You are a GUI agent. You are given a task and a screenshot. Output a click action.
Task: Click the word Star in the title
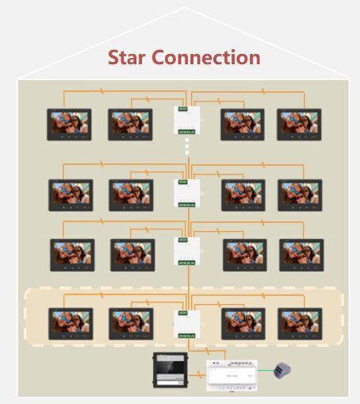(x=127, y=57)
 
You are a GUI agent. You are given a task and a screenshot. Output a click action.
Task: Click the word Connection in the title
(x=206, y=57)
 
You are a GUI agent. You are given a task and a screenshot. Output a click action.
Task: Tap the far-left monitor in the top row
(x=69, y=125)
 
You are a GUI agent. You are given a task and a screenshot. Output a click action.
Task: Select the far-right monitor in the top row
(x=299, y=125)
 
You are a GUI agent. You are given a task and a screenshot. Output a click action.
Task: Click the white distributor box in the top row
(x=186, y=120)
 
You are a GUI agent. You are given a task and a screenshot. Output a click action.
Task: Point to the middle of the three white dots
(x=187, y=146)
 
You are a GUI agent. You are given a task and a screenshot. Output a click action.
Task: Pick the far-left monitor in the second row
(x=71, y=195)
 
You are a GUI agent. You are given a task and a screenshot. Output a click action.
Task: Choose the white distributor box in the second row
(x=186, y=194)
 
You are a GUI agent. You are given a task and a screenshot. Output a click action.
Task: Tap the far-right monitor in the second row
(x=300, y=195)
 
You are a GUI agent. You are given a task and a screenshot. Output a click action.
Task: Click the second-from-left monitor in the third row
(x=132, y=255)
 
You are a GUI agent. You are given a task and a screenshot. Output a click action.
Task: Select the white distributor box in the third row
(x=186, y=252)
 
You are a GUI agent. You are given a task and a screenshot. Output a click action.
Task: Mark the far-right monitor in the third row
(x=301, y=255)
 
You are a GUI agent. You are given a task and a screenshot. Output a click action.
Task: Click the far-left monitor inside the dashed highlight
(x=71, y=324)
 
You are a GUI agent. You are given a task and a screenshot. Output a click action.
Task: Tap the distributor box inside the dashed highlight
(x=186, y=325)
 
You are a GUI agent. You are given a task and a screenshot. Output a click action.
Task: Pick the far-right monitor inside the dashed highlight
(x=300, y=324)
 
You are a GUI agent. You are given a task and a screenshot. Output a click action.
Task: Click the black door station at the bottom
(x=170, y=370)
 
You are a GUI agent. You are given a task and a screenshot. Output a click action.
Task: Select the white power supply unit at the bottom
(x=232, y=375)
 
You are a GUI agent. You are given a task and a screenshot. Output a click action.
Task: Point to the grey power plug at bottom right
(x=282, y=371)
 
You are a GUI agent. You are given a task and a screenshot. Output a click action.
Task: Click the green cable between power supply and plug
(x=266, y=371)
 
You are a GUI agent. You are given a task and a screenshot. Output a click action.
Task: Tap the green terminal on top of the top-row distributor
(x=183, y=109)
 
